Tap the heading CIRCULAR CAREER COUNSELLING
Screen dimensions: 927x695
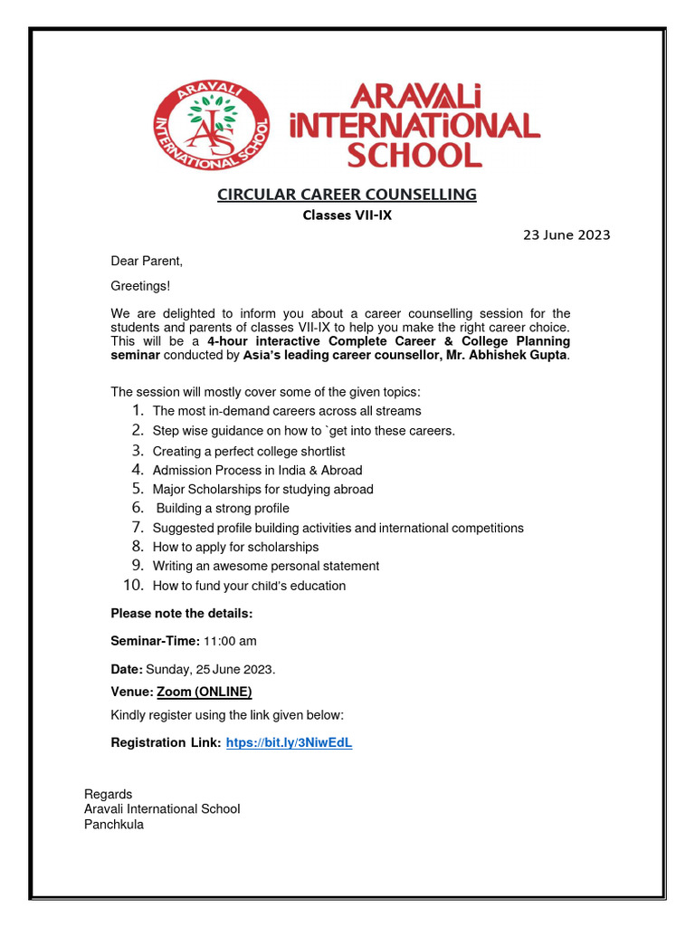click(347, 195)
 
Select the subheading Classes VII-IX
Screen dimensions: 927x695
click(347, 215)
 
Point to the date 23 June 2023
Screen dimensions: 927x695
click(566, 235)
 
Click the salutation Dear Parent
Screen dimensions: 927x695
click(147, 262)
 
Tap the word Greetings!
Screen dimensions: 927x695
click(140, 286)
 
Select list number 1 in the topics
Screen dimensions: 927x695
click(137, 411)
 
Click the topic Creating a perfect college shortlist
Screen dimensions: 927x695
click(249, 451)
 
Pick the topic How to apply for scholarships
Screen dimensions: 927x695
click(235, 547)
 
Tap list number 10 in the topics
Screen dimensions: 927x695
click(134, 586)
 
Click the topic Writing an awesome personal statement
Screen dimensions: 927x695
click(266, 566)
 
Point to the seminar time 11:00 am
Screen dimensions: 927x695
click(230, 641)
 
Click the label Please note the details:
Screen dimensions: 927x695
click(182, 614)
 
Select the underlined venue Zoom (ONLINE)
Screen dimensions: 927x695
click(204, 693)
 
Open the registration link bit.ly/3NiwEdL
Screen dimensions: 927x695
click(288, 743)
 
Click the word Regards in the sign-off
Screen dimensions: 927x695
click(108, 794)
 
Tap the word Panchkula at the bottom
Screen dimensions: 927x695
click(114, 825)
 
